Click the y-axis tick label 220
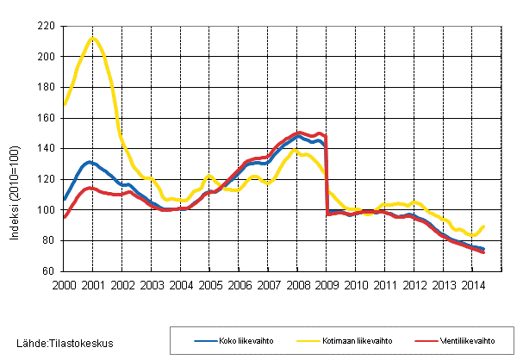click(x=46, y=26)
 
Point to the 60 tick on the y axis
click(x=48, y=270)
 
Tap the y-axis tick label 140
click(x=46, y=148)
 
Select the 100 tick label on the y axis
click(x=46, y=209)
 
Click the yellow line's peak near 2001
click(x=93, y=38)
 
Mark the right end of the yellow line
click(x=484, y=226)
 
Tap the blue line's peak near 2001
click(x=89, y=162)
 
